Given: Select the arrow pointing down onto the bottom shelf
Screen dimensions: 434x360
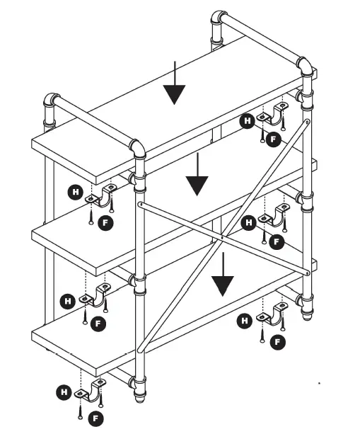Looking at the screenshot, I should (x=223, y=275).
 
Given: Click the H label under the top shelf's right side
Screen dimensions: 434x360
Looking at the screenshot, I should (x=247, y=121).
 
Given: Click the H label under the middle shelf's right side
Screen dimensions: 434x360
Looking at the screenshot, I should (x=248, y=223).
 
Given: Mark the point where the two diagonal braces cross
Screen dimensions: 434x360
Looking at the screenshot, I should (x=221, y=236).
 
